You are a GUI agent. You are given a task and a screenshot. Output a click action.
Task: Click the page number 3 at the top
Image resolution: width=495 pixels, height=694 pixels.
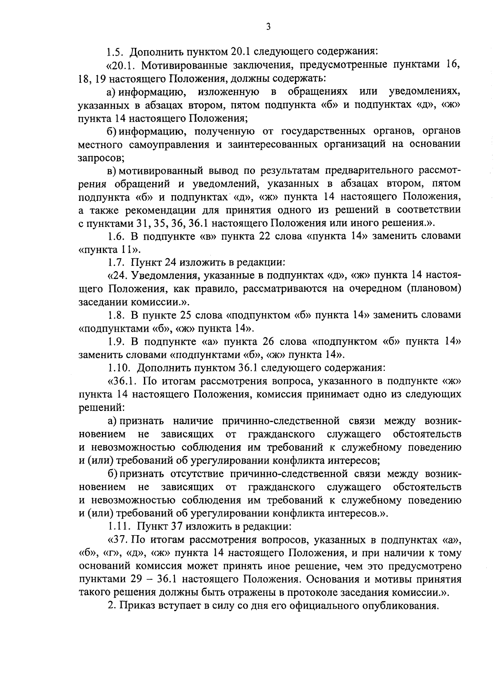tap(268, 27)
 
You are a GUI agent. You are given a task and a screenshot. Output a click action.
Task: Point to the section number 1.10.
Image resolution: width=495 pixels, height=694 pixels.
tap(119, 367)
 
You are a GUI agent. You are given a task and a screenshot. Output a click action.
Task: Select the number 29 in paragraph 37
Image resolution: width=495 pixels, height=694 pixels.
tap(129, 579)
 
